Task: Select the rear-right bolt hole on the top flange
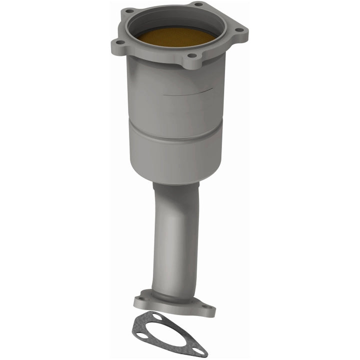[x=198, y=4]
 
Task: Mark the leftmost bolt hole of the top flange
[x=119, y=42]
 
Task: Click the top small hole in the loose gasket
[x=157, y=316]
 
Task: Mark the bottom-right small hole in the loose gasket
[x=199, y=351]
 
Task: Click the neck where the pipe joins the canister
[x=175, y=186]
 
